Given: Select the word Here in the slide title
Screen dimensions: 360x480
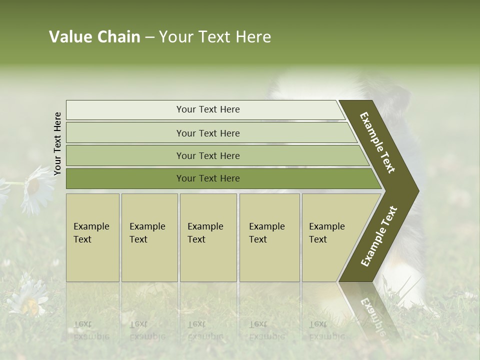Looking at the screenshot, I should coord(253,37).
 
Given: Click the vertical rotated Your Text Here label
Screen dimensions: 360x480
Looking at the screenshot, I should coord(57,143).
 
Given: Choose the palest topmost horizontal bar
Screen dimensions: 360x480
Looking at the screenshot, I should coord(207,109).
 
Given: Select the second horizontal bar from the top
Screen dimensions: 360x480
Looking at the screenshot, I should coord(207,133).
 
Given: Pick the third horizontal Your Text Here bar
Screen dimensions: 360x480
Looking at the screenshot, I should coord(207,155).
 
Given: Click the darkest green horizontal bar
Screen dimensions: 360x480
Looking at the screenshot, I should coord(207,178).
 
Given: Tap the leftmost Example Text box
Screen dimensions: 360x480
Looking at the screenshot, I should coord(92,237).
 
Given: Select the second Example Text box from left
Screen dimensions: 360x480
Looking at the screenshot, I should coord(149,237).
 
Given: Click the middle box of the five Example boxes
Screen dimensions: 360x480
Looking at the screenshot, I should coord(208,237).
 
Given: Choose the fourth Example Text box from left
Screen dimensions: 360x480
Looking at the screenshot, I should coord(269,237).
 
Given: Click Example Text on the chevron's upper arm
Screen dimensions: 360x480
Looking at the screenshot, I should coord(377,142).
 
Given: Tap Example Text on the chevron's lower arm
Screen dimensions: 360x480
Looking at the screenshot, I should coord(378,236).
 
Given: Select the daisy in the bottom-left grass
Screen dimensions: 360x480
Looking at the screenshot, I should coord(27,299).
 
